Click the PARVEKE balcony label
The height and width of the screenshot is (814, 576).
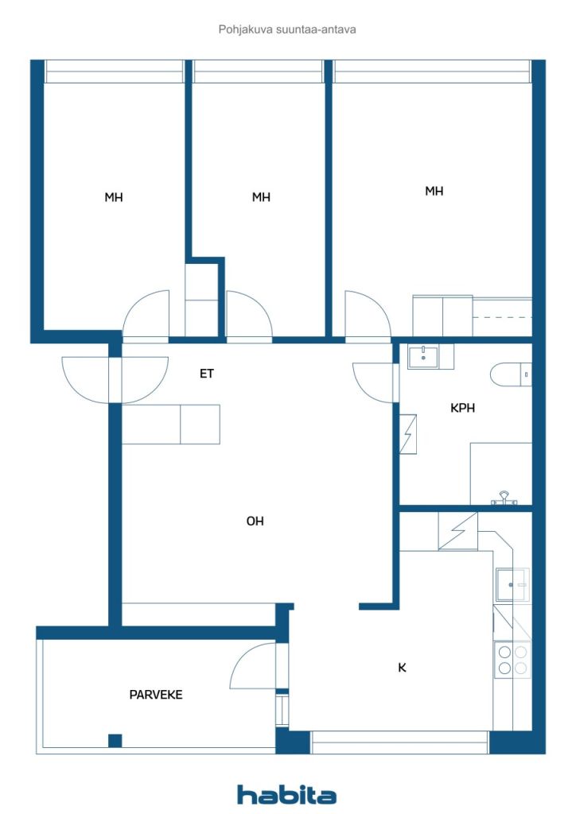(156, 694)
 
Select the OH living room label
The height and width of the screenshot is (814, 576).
(255, 521)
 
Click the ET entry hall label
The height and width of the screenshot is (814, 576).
(207, 373)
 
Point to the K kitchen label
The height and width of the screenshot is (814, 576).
(402, 668)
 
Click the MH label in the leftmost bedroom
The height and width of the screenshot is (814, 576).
(114, 197)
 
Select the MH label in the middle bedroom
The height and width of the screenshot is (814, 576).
(261, 197)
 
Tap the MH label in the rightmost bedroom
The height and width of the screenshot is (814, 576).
(434, 191)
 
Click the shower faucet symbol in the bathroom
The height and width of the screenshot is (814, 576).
(504, 498)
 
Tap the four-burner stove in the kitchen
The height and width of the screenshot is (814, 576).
(512, 660)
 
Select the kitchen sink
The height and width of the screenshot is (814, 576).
(512, 585)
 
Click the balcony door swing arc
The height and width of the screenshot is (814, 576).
(251, 666)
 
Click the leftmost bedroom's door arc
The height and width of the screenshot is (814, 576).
(146, 313)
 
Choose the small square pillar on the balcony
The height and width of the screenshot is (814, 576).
(115, 740)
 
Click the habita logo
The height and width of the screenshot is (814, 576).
(286, 794)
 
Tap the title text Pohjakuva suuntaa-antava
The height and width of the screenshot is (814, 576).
(287, 29)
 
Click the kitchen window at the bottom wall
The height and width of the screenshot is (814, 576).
(399, 742)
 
